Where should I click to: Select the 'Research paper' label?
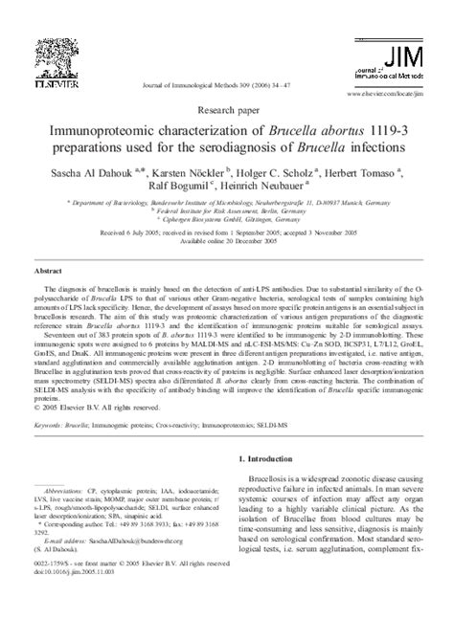point(227,107)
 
